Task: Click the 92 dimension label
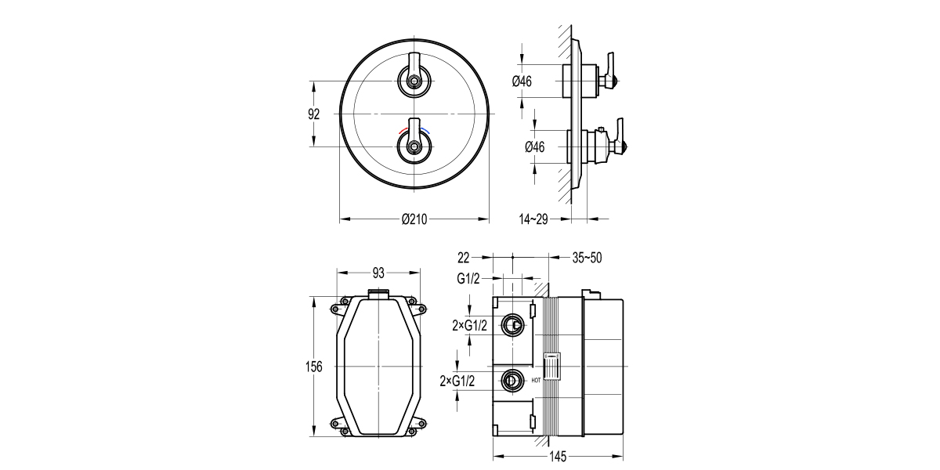pyautogui.click(x=314, y=114)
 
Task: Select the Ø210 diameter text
pyautogui.click(x=414, y=220)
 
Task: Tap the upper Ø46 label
pyautogui.click(x=522, y=81)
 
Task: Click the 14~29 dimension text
pyautogui.click(x=534, y=220)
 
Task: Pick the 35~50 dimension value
pyautogui.click(x=587, y=257)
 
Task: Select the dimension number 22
pyautogui.click(x=463, y=257)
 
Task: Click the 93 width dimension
pyautogui.click(x=378, y=273)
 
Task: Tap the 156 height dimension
pyautogui.click(x=313, y=367)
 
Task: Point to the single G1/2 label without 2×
pyautogui.click(x=468, y=278)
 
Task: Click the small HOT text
pyautogui.click(x=537, y=381)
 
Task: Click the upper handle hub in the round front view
pyautogui.click(x=414, y=79)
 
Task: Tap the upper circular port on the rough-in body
pyautogui.click(x=513, y=323)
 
